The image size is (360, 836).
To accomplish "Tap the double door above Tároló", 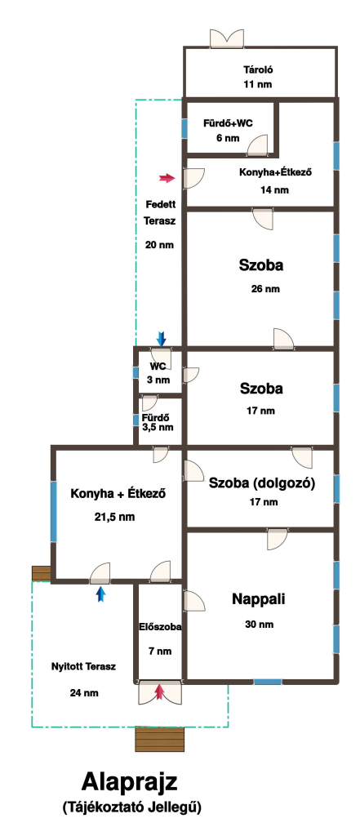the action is click(x=227, y=39).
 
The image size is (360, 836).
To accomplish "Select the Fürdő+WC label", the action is click(x=229, y=123).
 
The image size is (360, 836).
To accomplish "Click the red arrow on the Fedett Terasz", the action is click(x=167, y=178).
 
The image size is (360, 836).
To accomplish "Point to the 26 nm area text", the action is click(x=265, y=289).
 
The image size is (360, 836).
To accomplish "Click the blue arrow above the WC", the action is click(x=161, y=338).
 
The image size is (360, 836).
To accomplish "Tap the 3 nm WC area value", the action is click(x=158, y=380).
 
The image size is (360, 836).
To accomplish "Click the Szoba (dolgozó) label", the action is click(x=262, y=483).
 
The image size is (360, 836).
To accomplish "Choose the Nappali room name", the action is click(x=259, y=598).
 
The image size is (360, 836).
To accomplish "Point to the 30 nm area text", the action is click(x=260, y=625).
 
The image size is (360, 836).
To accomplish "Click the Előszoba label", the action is click(x=160, y=628).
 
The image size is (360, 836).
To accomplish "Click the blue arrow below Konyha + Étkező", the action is click(x=100, y=594).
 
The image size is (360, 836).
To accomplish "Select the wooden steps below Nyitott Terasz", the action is click(x=160, y=739).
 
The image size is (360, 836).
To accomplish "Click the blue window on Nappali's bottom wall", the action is click(x=268, y=682).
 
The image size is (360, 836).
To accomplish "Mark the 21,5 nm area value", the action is click(x=119, y=517).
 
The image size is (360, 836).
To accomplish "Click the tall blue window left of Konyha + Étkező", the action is click(x=54, y=511).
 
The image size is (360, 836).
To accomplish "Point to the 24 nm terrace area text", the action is click(x=84, y=692).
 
